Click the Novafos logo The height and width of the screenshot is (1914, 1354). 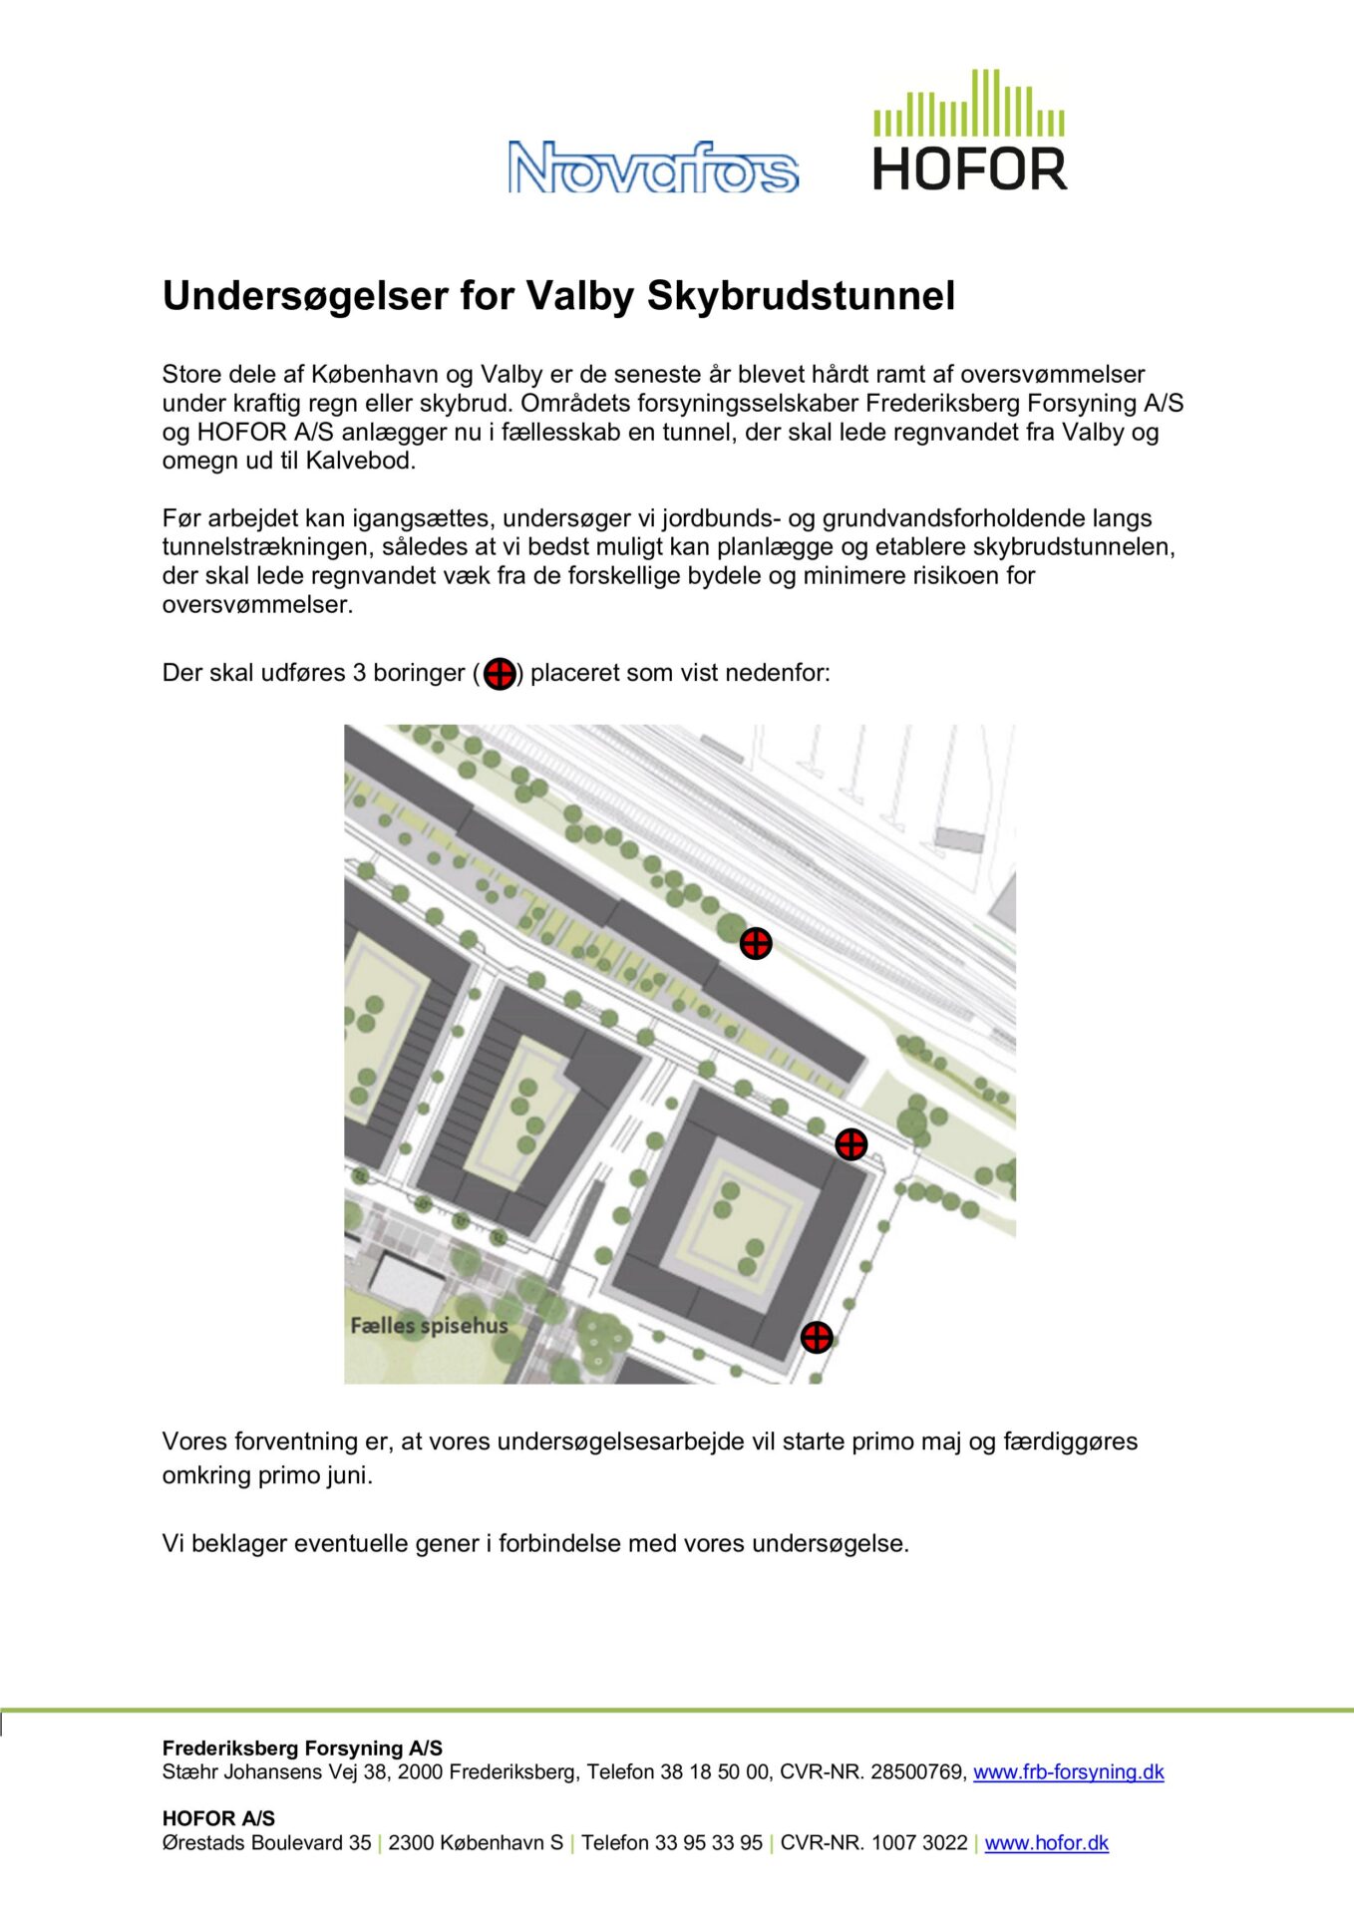[x=653, y=166]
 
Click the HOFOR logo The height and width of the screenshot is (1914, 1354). [x=969, y=132]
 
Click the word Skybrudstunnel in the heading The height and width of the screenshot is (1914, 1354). [x=801, y=296]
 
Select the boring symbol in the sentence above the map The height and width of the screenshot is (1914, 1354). [x=500, y=674]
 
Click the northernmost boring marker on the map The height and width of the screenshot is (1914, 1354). [x=756, y=943]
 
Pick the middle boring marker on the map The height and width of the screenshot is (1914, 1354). [x=850, y=1144]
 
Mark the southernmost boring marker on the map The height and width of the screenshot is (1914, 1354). [x=817, y=1337]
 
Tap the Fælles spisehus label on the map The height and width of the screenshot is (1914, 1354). [x=429, y=1326]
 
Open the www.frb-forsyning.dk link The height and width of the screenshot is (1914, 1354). [x=1068, y=1771]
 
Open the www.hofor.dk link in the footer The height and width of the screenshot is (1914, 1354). [x=1046, y=1842]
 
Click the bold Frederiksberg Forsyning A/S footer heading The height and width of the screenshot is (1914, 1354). [x=302, y=1748]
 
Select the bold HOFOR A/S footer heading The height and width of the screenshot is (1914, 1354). [x=218, y=1817]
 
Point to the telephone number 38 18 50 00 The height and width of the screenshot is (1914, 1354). [x=715, y=1771]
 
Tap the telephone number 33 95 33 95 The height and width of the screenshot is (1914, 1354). [x=709, y=1842]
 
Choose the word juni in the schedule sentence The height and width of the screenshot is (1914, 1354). [x=348, y=1475]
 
